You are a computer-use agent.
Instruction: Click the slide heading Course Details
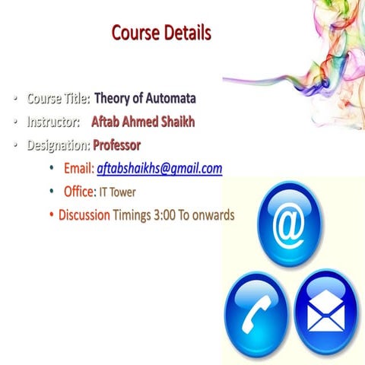coord(160,33)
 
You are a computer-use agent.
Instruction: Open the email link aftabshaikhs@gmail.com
coord(160,168)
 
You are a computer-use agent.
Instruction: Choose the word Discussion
coord(84,214)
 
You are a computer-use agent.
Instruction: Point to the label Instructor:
coord(54,121)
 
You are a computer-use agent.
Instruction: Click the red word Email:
coord(78,168)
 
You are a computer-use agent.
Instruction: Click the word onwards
coord(214,214)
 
